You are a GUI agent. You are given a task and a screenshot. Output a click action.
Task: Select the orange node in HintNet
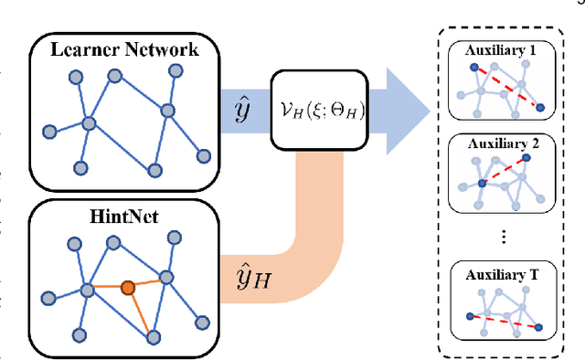tap(128, 288)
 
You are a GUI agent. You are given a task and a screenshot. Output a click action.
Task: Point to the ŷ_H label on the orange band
tap(243, 271)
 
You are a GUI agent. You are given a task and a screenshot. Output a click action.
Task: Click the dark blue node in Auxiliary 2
tap(482, 185)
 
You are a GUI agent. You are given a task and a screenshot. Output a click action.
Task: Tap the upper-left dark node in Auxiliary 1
tap(473, 67)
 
